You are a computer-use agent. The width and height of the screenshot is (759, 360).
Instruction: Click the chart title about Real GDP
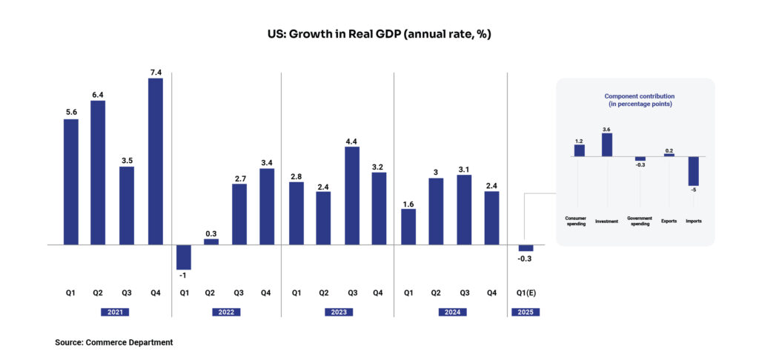pyautogui.click(x=379, y=35)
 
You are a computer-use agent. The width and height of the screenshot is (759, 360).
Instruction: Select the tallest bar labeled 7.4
pyautogui.click(x=156, y=161)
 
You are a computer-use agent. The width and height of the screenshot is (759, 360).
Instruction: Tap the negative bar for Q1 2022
pyautogui.click(x=184, y=256)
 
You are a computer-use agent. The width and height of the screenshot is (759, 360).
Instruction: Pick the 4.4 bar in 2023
pyautogui.click(x=351, y=196)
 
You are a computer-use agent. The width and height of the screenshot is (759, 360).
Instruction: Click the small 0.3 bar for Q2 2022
pyautogui.click(x=211, y=241)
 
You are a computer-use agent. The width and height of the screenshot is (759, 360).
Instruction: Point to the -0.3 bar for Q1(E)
pyautogui.click(x=526, y=247)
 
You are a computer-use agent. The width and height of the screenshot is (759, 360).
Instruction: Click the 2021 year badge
pyautogui.click(x=114, y=312)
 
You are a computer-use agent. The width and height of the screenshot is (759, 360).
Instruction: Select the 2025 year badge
pyautogui.click(x=525, y=312)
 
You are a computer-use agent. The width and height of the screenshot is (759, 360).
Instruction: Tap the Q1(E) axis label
pyautogui.click(x=526, y=293)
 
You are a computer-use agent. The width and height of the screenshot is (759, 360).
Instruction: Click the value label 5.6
pyautogui.click(x=71, y=111)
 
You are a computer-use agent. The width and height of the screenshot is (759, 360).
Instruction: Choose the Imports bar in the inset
pyautogui.click(x=694, y=170)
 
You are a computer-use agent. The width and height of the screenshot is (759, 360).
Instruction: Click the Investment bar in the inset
pyautogui.click(x=607, y=144)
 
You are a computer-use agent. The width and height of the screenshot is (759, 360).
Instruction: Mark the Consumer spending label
pyautogui.click(x=576, y=221)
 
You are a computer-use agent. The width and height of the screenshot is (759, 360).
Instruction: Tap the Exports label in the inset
pyautogui.click(x=669, y=221)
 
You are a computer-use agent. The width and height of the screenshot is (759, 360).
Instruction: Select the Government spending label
pyautogui.click(x=639, y=221)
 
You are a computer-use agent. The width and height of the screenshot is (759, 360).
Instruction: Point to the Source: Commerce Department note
pyautogui.click(x=114, y=342)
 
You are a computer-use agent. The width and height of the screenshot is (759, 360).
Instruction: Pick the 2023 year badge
pyautogui.click(x=338, y=312)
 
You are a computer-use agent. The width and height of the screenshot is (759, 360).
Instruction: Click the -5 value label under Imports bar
pyautogui.click(x=694, y=190)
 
